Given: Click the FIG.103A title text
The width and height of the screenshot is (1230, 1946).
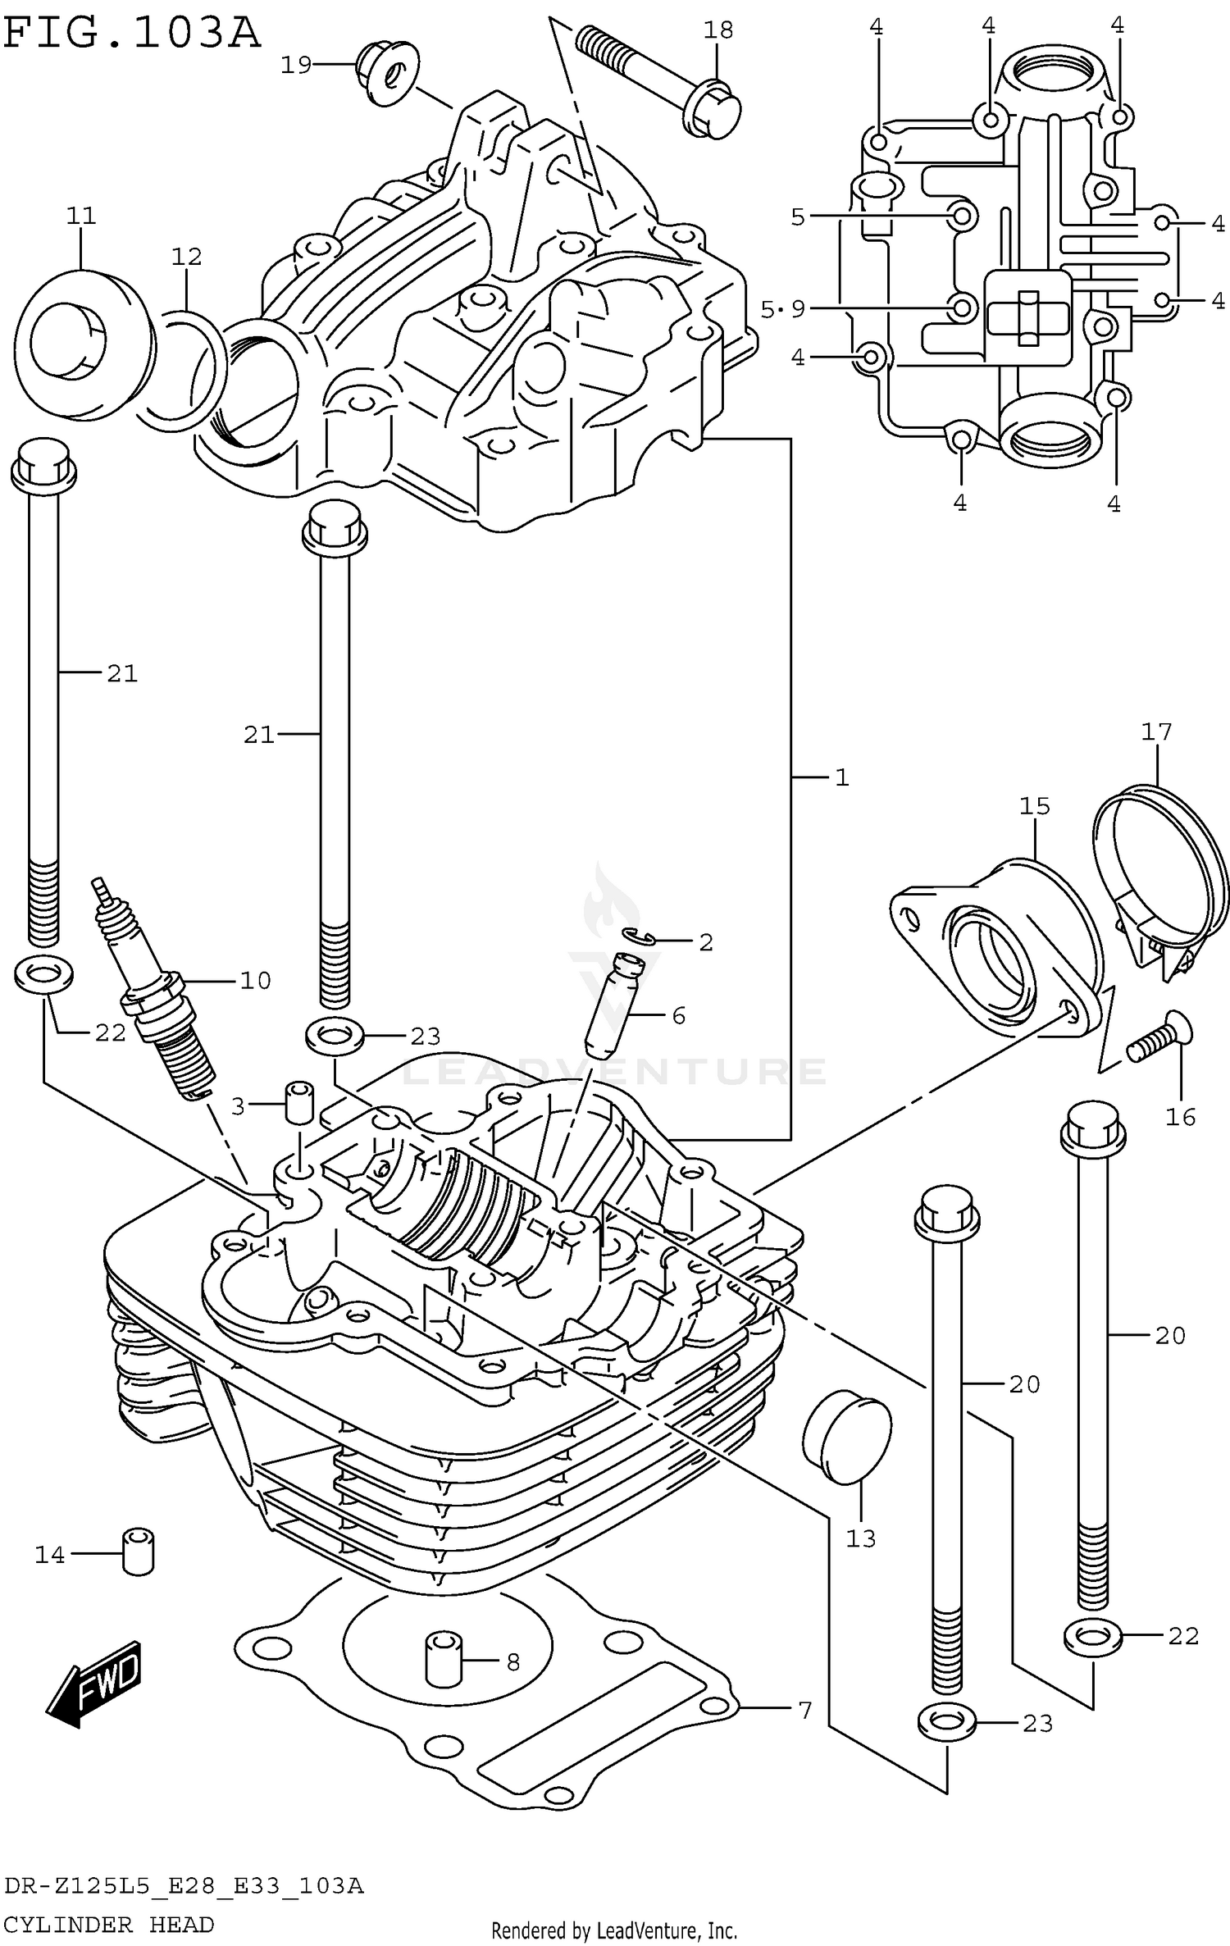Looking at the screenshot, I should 131,34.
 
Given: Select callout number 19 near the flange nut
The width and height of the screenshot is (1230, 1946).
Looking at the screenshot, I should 296,65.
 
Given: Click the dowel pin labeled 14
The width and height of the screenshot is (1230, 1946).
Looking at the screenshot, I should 139,1551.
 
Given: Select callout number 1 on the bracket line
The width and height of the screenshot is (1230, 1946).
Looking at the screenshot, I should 841,777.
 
